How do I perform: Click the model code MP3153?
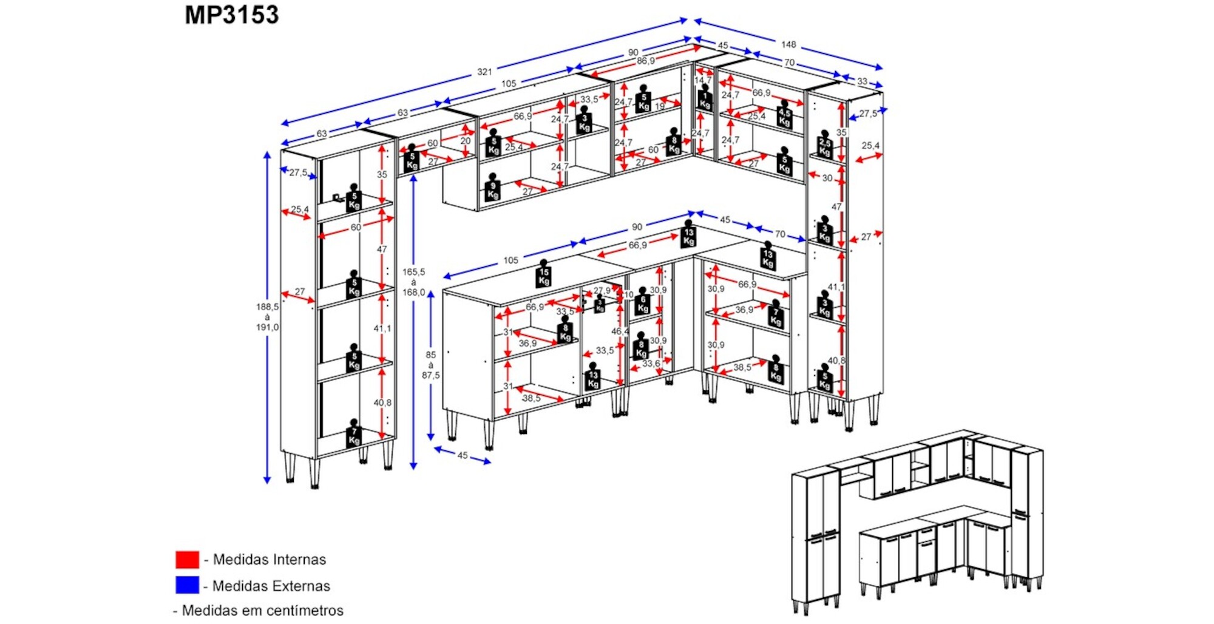coord(232,15)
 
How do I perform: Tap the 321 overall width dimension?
coord(484,72)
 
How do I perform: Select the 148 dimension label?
coord(788,44)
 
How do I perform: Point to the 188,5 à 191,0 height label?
coord(267,317)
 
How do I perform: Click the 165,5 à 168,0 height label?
coord(413,282)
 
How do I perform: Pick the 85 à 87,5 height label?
coord(430,365)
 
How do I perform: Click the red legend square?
coord(187,559)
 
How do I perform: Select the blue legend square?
coord(187,585)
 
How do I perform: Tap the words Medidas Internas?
coord(269,559)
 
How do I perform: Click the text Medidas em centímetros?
coord(262,610)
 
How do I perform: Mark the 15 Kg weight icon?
coord(543,276)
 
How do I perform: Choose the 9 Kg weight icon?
coord(492,189)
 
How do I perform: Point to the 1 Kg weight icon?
coord(705,99)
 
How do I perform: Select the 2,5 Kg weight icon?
coord(824,146)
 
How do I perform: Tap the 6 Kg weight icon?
coord(643,304)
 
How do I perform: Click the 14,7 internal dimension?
coord(702,80)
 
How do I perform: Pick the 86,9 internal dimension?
coord(645,61)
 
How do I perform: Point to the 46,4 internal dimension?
coord(620,331)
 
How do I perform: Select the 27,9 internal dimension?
coord(602,291)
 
